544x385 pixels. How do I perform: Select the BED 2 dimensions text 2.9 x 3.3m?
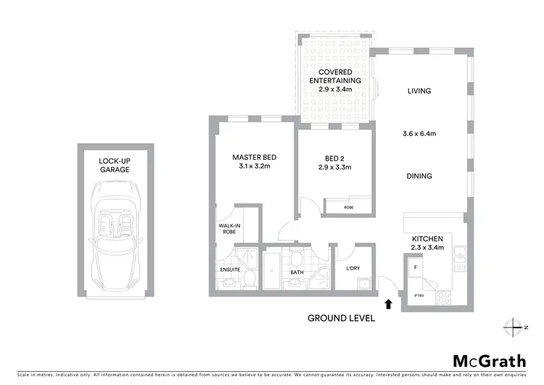click(x=334, y=167)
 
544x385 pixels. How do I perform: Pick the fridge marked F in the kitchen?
click(x=415, y=267)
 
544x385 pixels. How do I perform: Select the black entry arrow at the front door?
click(x=389, y=305)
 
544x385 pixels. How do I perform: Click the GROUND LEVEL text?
click(x=341, y=317)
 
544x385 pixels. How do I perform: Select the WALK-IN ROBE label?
click(x=229, y=229)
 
